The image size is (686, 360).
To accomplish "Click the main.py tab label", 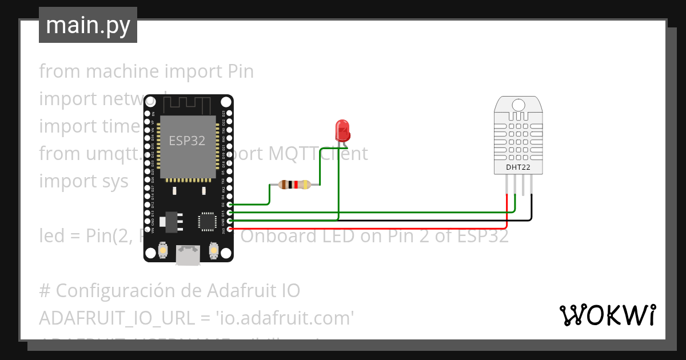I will [x=87, y=25].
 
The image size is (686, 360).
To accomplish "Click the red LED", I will [x=342, y=130].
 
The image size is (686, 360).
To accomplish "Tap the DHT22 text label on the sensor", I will [x=519, y=167].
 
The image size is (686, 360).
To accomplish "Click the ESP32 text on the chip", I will [x=187, y=141].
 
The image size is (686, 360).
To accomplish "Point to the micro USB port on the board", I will [x=188, y=255].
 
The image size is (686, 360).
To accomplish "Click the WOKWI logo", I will [x=607, y=315].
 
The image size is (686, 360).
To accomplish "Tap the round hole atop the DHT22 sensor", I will [x=519, y=105].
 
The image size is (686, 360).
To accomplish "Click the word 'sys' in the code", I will [x=114, y=181].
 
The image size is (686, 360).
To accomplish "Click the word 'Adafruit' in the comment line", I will [x=249, y=291].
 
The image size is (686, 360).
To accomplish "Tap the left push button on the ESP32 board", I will [x=163, y=250].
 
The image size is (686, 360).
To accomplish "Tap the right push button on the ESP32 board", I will [x=213, y=250].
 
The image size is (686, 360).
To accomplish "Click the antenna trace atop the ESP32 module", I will [x=188, y=105].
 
